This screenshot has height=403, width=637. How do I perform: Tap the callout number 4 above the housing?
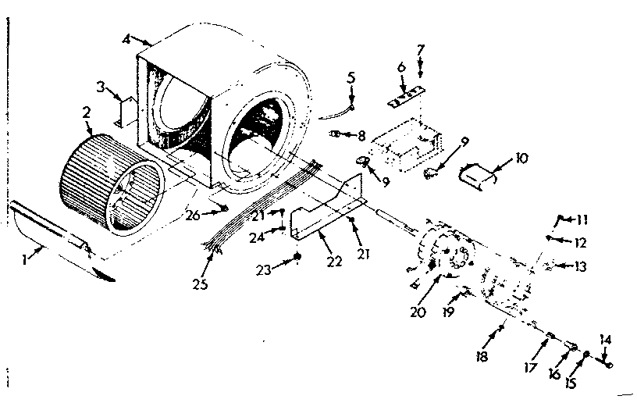coord(127,38)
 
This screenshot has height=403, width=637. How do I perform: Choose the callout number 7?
coord(420,50)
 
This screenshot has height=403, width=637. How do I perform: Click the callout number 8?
coord(361,135)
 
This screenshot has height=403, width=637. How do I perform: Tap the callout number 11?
coord(582,220)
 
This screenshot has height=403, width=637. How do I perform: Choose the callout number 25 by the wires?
coord(201,284)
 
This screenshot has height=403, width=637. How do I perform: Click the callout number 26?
coord(193,215)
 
